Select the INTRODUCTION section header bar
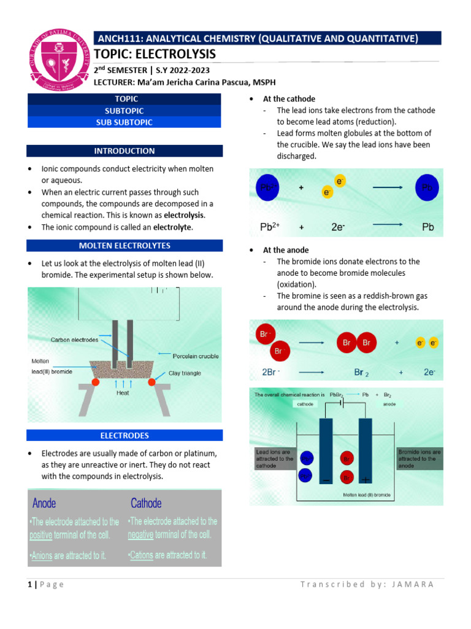124,151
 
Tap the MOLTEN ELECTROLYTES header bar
124,246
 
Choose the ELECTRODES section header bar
124,436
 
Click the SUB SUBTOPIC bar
124,122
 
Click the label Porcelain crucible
194,356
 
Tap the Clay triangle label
185,373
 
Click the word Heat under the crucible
123,393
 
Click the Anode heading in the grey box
44,504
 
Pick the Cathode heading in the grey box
146,504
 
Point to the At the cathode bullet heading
289,99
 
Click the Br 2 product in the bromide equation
362,372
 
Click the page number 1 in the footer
29,584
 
